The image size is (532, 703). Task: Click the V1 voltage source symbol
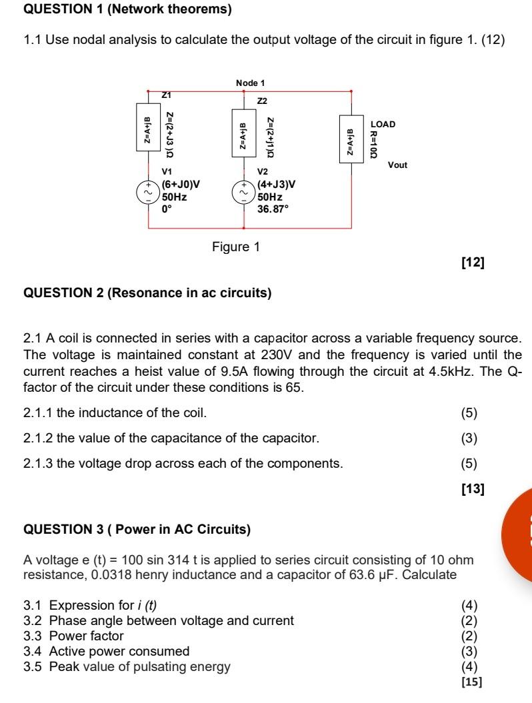(x=147, y=192)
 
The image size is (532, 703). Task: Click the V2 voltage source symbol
(x=243, y=192)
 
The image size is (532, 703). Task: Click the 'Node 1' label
(x=250, y=83)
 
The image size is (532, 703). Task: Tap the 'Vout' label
(x=397, y=165)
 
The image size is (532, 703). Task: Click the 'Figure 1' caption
(x=236, y=247)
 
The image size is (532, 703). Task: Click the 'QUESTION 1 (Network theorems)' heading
(x=127, y=9)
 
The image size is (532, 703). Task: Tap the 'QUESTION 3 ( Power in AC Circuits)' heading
(x=137, y=530)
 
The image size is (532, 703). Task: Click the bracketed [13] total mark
(x=472, y=490)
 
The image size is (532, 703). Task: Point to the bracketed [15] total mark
(x=471, y=682)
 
